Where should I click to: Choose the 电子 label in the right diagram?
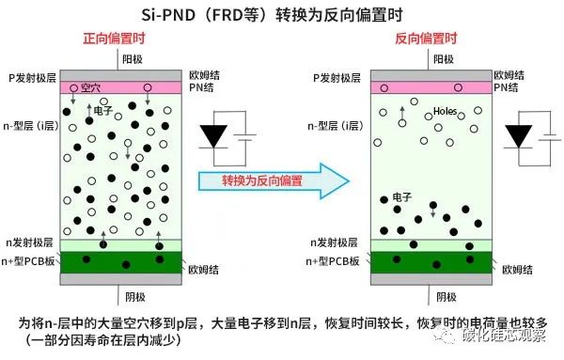[x=400, y=197]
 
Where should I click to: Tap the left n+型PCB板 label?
[x=33, y=260]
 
